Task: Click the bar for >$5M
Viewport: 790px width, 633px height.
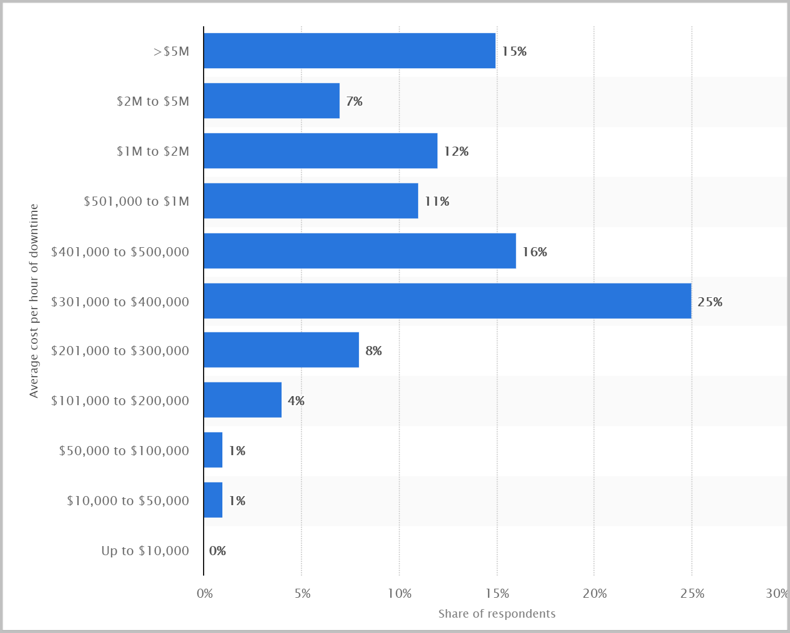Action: (349, 51)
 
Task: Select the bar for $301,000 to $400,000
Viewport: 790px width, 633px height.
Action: (447, 301)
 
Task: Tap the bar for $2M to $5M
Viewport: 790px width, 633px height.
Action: (271, 101)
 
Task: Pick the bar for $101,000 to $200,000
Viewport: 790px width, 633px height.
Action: (242, 399)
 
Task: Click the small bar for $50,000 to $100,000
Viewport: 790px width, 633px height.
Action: (213, 449)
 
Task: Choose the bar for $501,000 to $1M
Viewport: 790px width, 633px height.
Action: (311, 201)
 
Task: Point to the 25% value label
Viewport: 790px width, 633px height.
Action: (710, 302)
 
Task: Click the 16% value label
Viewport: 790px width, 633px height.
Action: (535, 252)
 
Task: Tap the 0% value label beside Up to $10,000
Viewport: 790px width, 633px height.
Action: (217, 551)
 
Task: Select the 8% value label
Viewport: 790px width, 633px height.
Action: (374, 351)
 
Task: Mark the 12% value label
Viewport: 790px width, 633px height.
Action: (456, 151)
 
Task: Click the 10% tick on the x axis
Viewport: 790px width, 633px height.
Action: (399, 594)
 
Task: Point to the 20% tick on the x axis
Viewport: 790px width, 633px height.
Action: (594, 594)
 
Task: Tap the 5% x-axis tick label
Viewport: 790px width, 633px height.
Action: (303, 594)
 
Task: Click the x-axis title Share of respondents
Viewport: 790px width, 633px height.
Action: (497, 614)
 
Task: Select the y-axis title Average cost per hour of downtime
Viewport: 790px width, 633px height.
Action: (34, 301)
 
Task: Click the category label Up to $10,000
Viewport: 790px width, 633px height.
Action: (145, 551)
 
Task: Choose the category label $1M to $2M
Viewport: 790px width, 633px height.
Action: (153, 151)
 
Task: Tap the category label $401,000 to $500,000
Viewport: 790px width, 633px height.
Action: (120, 252)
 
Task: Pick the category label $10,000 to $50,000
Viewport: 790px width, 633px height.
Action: (128, 501)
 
